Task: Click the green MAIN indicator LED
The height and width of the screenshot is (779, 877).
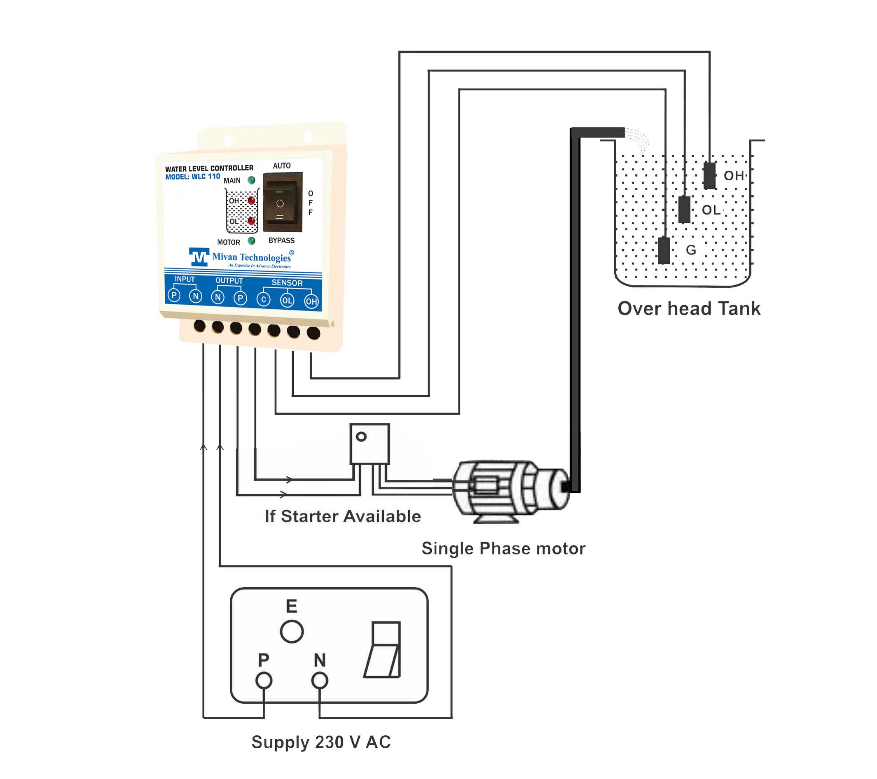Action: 251,180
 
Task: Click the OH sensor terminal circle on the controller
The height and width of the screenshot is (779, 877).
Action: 311,301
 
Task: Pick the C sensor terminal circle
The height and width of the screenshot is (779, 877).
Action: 264,299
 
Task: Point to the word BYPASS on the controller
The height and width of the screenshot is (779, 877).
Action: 281,240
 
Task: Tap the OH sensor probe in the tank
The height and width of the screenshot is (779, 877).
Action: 710,175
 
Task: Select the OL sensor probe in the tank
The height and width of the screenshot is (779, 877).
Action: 685,209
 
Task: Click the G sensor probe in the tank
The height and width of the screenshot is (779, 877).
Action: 664,250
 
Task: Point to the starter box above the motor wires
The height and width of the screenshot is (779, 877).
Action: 370,444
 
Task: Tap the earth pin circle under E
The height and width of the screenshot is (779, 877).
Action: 292,632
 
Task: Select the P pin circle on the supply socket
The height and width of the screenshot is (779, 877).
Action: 264,680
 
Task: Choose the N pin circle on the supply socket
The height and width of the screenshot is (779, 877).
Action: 320,680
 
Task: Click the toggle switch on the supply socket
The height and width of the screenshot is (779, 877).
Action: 383,650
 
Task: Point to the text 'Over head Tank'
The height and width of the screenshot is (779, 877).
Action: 689,308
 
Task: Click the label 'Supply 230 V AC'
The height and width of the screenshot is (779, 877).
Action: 321,742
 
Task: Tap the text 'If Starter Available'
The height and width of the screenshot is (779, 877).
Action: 343,516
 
